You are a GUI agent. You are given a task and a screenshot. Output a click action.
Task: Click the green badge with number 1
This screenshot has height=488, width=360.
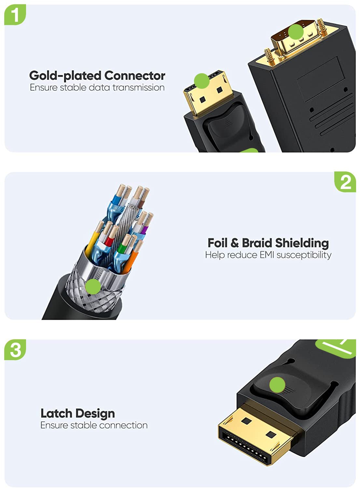point(15,15)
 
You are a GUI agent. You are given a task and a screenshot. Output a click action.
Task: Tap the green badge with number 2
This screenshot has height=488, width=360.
point(345,182)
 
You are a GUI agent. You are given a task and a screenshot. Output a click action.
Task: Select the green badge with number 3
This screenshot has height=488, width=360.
point(15,350)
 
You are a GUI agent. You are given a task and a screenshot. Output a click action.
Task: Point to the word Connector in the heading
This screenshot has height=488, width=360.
point(135,75)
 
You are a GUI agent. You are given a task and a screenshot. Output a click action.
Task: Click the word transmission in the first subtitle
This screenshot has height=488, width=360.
point(139,88)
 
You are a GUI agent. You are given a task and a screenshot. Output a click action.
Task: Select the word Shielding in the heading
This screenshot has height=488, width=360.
point(302,243)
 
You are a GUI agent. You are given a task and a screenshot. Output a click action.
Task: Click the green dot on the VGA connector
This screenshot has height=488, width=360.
point(296,32)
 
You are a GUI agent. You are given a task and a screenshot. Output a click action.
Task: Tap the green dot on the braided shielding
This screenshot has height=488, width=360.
point(93,287)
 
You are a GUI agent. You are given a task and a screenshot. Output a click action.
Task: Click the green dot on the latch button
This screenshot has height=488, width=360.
point(277,385)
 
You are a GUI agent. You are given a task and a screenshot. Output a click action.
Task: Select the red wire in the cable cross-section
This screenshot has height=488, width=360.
point(108,241)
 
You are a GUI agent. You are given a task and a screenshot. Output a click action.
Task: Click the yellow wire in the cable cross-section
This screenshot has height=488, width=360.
point(91,243)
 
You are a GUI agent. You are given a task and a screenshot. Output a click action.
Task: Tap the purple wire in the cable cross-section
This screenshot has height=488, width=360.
point(145,230)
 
